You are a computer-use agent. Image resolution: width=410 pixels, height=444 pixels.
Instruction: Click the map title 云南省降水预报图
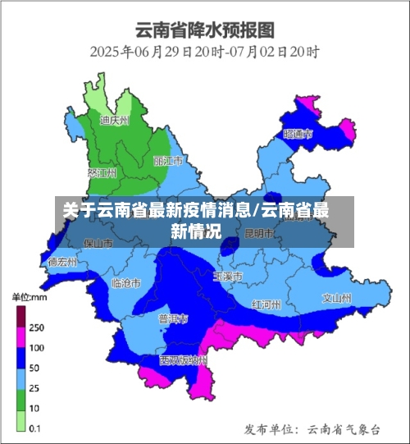(204, 31)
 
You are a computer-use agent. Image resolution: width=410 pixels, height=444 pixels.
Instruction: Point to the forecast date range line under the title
(204, 50)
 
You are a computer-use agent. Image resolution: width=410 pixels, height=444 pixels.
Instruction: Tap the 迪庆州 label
(115, 121)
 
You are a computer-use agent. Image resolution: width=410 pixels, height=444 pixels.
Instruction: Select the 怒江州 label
(102, 173)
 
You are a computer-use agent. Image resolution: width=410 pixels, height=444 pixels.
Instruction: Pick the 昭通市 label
(298, 134)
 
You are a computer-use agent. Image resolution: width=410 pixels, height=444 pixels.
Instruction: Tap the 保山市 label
(97, 243)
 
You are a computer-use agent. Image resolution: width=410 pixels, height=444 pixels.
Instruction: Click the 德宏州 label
(62, 263)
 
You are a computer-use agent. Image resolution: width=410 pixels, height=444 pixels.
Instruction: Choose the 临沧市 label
(125, 283)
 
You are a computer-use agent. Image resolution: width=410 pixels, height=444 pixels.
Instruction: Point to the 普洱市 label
(173, 318)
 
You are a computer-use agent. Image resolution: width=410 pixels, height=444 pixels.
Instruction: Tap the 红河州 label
(266, 304)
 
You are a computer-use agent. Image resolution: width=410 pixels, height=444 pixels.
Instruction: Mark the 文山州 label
(336, 297)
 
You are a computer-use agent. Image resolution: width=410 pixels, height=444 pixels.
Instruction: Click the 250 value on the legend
(36, 327)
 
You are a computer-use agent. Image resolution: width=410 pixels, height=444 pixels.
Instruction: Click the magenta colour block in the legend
(20, 336)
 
